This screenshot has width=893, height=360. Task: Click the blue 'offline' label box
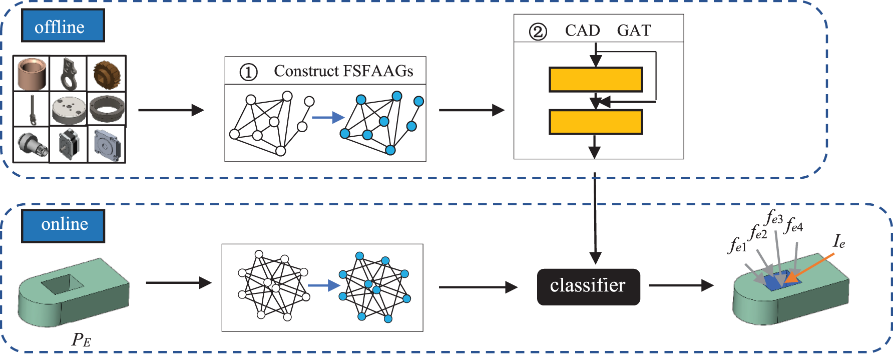click(63, 26)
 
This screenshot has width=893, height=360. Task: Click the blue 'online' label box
click(63, 226)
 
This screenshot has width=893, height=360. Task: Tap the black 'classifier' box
click(588, 287)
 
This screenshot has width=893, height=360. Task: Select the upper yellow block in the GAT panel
click(596, 80)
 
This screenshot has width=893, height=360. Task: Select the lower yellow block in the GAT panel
click(596, 122)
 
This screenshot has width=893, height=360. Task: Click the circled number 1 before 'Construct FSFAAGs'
click(248, 72)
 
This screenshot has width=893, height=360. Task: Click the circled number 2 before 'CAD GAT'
click(538, 32)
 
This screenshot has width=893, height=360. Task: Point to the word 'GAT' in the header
click(634, 31)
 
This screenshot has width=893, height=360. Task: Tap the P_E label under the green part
click(81, 340)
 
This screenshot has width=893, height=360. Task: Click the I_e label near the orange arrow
click(839, 242)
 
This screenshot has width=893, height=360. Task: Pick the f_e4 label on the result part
click(794, 225)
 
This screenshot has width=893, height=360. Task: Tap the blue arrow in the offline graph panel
click(328, 118)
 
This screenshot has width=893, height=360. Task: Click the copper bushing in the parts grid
click(31, 73)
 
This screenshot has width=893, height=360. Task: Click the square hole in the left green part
click(62, 284)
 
